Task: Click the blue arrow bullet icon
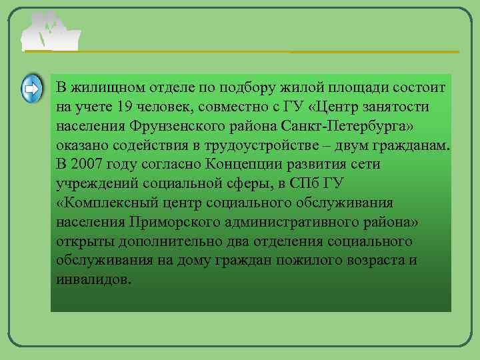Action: [x=32, y=89]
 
